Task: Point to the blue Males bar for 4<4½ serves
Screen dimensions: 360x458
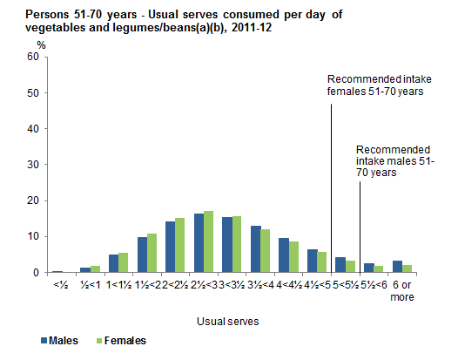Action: [x=284, y=255]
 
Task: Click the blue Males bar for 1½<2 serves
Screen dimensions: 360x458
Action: [x=142, y=255]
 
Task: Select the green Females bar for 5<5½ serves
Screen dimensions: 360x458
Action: [x=350, y=267]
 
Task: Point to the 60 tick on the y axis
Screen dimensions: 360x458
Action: [x=33, y=57]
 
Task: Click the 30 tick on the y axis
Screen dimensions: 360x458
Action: [x=33, y=165]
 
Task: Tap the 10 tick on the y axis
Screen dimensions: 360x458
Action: [x=33, y=236]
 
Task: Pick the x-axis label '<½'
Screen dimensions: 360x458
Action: [x=57, y=284]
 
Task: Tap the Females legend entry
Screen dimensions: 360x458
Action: [x=121, y=341]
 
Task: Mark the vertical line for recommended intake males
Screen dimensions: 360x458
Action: [x=360, y=227]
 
